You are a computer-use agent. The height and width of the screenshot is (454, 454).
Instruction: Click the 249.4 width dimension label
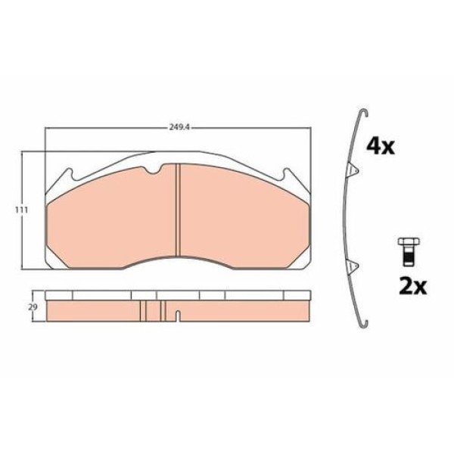pos(179,127)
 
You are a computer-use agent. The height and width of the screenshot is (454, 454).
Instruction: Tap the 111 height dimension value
pos(22,210)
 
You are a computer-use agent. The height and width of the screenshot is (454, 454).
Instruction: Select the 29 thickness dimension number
pos(33,307)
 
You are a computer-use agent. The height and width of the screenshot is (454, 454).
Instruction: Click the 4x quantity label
pos(381,147)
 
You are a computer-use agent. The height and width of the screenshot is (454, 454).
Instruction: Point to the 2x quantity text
pos(412,287)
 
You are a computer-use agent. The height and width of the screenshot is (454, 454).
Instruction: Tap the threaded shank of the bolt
pos(409,256)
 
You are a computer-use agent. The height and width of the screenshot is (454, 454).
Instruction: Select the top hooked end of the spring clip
pos(363,111)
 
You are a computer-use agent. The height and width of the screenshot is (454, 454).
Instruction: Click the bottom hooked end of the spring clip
pos(363,325)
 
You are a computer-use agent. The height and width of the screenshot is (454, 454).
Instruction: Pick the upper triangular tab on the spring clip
pos(353,169)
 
